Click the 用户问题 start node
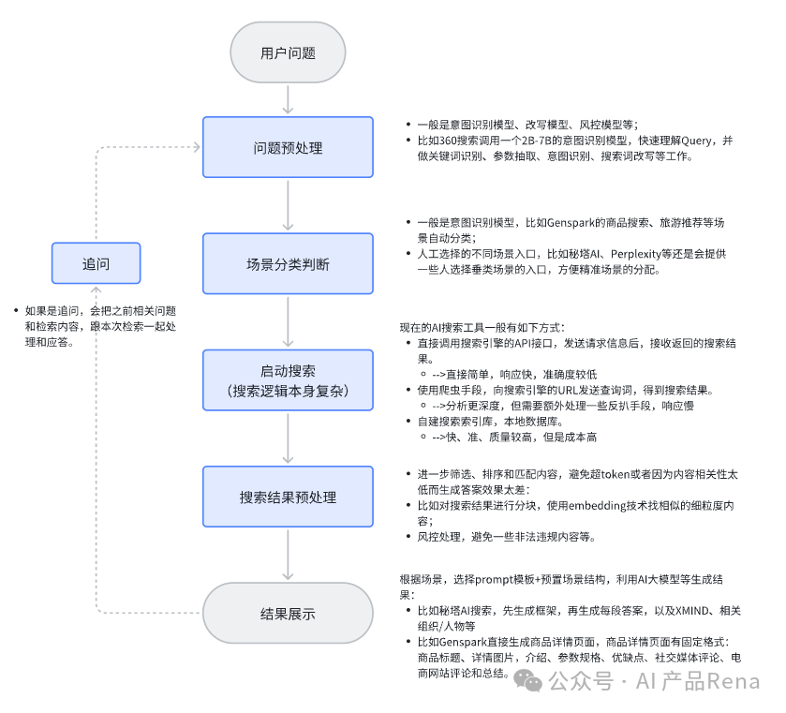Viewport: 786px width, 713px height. pyautogui.click(x=288, y=52)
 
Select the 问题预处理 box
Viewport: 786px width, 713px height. pyautogui.click(x=288, y=148)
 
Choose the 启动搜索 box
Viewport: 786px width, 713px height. pyautogui.click(x=288, y=380)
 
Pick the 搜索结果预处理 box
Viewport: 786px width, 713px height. pyautogui.click(x=288, y=497)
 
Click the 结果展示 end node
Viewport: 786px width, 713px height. pyautogui.click(x=288, y=614)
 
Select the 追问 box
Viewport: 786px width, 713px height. pyautogui.click(x=96, y=263)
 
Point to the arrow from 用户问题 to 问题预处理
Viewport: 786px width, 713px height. pyautogui.click(x=288, y=98)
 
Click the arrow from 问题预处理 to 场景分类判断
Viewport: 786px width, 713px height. pyautogui.click(x=288, y=206)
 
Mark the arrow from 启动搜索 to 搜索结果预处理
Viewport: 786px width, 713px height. pyautogui.click(x=288, y=438)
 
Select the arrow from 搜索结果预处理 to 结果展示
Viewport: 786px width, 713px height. pyautogui.click(x=288, y=555)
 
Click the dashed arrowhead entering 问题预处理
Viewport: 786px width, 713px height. pyautogui.click(x=195, y=147)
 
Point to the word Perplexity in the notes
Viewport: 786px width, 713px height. pyautogui.click(x=638, y=254)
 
